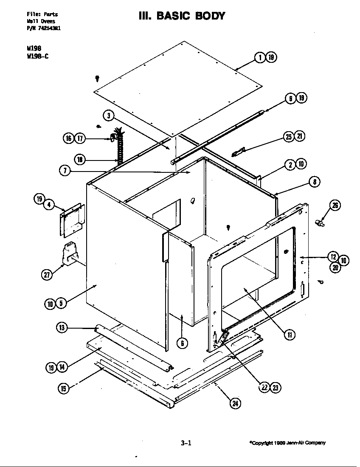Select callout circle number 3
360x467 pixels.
[x=109, y=115]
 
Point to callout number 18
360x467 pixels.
[x=80, y=160]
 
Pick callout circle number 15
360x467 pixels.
[x=63, y=388]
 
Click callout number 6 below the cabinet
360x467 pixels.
[x=182, y=343]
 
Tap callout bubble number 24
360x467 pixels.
[x=234, y=403]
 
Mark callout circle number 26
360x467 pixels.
[x=335, y=205]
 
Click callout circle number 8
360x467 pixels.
[x=314, y=182]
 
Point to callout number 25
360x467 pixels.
[x=289, y=136]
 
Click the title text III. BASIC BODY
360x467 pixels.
[x=182, y=16]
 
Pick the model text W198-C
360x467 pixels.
[x=37, y=56]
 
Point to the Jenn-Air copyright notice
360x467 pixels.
[x=287, y=443]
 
